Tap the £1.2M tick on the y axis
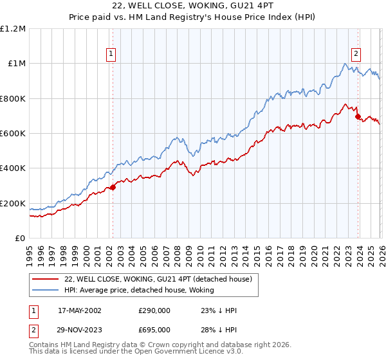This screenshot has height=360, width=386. [x=13, y=29]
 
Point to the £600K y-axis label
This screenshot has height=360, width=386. [x=13, y=134]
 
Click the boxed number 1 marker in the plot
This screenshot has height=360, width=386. [x=112, y=55]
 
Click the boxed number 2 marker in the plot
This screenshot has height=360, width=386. [x=356, y=55]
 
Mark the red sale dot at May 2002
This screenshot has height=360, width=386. [x=113, y=187]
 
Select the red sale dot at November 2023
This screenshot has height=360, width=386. [x=358, y=116]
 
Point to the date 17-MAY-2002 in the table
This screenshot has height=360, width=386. [x=80, y=310]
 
